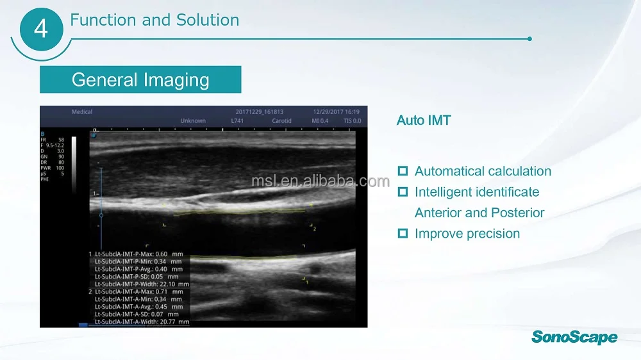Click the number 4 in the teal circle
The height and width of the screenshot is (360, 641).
[40, 29]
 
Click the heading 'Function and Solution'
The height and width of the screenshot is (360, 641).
[154, 20]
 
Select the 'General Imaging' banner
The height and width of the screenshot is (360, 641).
[140, 80]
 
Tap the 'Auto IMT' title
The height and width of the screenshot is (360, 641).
[424, 120]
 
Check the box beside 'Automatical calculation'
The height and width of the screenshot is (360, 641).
[403, 171]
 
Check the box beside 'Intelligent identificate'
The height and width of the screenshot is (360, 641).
[403, 192]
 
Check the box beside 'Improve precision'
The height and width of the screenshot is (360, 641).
[403, 234]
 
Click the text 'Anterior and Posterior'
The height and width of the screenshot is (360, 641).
[479, 213]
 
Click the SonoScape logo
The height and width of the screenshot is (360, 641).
[574, 337]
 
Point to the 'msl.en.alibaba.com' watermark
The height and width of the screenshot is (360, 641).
[320, 181]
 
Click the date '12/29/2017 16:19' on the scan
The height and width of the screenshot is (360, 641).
[336, 112]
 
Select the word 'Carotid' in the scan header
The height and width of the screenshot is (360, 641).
[281, 121]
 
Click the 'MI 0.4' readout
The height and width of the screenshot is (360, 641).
[320, 121]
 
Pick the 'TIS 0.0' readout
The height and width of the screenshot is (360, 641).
[351, 121]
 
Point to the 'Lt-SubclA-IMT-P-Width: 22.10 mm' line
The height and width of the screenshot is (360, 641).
[142, 284]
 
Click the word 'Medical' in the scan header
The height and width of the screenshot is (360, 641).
[82, 112]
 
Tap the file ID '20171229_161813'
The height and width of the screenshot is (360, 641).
[260, 112]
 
